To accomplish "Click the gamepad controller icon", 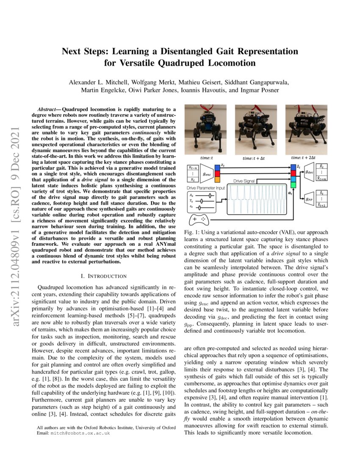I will tap(198, 220).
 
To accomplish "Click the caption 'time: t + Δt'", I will tap(254, 158).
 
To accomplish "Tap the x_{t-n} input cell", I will tap(193, 168).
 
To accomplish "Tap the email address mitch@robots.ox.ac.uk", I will tap(79, 433).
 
